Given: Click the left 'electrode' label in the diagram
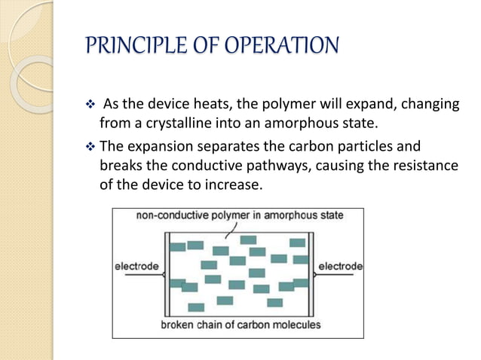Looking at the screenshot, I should click(x=136, y=267).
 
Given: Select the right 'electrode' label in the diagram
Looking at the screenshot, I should click(x=340, y=267).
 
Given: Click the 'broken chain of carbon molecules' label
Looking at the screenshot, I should click(x=240, y=325).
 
